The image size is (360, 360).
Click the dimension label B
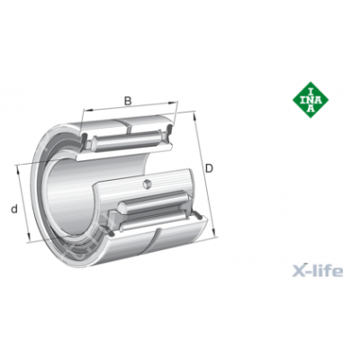(128, 101)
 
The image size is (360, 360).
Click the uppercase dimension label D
(209, 168)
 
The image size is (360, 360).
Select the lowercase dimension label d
(14, 209)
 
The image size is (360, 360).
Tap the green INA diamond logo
(310, 100)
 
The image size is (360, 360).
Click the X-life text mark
(318, 270)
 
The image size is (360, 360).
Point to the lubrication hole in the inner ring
(147, 184)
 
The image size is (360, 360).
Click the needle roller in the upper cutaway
(127, 139)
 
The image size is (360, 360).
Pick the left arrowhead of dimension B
(86, 110)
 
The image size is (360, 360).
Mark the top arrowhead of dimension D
(194, 116)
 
